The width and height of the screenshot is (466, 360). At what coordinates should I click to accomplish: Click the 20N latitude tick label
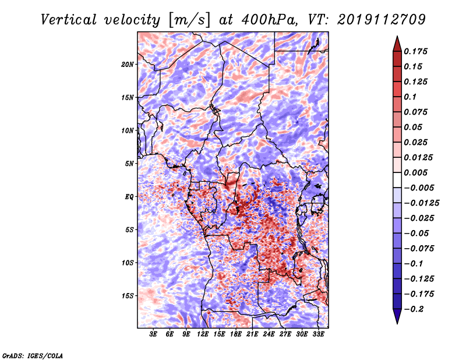click(x=128, y=65)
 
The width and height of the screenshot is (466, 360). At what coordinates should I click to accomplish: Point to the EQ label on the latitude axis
click(x=129, y=197)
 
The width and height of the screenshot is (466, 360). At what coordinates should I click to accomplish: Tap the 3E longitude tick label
click(x=153, y=334)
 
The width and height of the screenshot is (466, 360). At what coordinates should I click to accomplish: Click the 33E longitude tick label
click(x=318, y=334)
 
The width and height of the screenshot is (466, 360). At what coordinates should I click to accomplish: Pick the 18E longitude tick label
click(x=236, y=334)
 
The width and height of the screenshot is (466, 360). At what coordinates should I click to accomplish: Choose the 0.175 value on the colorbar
click(x=415, y=51)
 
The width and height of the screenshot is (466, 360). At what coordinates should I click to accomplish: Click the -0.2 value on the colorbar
click(x=414, y=309)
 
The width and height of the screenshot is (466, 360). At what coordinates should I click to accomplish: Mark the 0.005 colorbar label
click(x=415, y=172)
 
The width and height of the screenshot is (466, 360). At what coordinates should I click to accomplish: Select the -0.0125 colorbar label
click(x=421, y=203)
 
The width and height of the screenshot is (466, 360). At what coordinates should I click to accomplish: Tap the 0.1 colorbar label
click(x=410, y=97)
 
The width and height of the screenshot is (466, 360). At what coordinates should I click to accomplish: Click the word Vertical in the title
click(x=69, y=20)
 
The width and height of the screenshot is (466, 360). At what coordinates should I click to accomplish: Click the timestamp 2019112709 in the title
click(x=382, y=20)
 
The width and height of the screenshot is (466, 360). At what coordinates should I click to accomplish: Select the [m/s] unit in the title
click(x=189, y=20)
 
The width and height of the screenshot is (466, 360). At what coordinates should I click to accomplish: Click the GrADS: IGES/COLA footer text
click(x=33, y=356)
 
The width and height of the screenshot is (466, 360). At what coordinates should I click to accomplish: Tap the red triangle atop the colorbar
click(x=397, y=44)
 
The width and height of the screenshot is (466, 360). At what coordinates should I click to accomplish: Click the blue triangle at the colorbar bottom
click(x=397, y=316)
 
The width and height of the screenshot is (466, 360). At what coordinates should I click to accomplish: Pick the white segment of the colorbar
click(x=397, y=180)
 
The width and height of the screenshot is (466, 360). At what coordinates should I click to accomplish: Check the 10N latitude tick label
click(x=128, y=130)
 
